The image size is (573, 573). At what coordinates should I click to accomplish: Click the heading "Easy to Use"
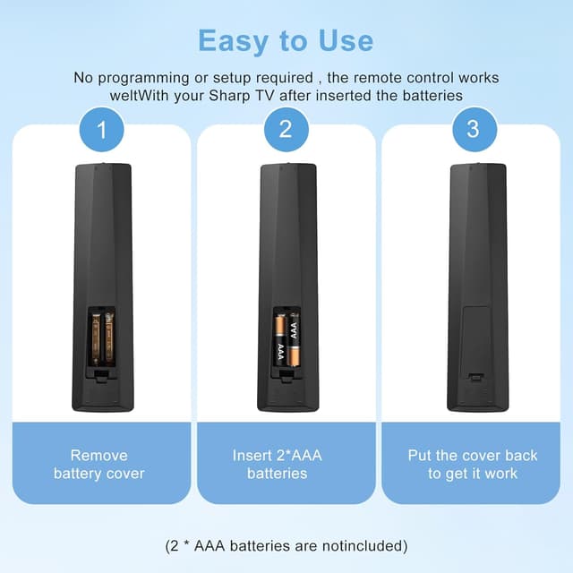pyautogui.click(x=286, y=40)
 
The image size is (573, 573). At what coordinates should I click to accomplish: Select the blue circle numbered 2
pyautogui.click(x=286, y=130)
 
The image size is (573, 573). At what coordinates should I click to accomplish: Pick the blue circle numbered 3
pyautogui.click(x=472, y=130)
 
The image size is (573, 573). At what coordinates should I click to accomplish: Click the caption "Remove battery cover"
pyautogui.click(x=98, y=464)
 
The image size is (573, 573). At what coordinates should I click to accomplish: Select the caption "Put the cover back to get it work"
pyautogui.click(x=473, y=464)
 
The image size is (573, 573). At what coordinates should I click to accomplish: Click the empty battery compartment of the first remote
pyautogui.click(x=100, y=338)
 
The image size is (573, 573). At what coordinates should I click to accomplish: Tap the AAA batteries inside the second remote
pyautogui.click(x=286, y=340)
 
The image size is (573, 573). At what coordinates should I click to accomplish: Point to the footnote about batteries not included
pyautogui.click(x=286, y=545)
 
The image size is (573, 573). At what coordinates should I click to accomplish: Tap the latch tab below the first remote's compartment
pyautogui.click(x=100, y=374)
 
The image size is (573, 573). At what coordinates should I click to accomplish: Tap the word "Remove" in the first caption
pyautogui.click(x=98, y=455)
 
